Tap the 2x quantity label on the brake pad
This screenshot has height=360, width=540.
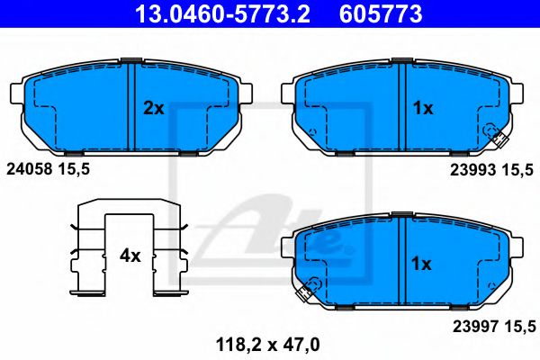(154, 108)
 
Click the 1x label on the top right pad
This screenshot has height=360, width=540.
(423, 108)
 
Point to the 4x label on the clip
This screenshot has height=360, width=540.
(130, 256)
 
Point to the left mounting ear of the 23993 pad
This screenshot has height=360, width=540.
(287, 93)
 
